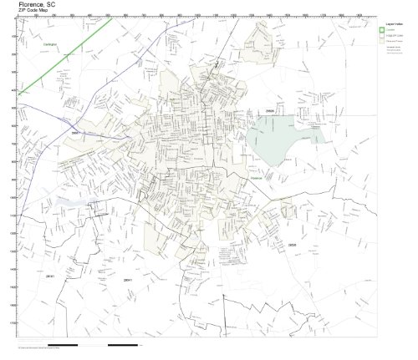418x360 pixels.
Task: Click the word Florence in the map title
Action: coord(31,5)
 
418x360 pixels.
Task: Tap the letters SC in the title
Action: coord(53,5)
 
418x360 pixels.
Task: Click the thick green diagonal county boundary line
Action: coord(67,58)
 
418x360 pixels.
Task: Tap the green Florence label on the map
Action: coord(256,176)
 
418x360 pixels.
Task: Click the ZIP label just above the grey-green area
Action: coord(269,110)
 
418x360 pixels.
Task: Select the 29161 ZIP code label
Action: coord(128,280)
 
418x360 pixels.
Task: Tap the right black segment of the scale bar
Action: coord(125,344)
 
